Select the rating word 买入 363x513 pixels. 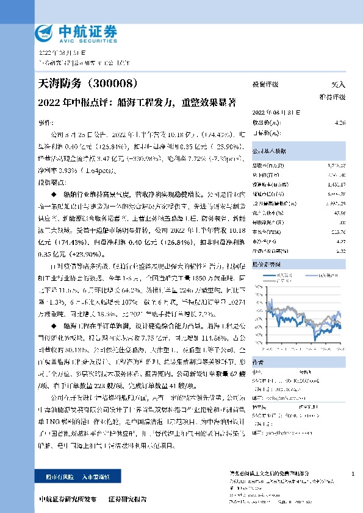tap(338, 85)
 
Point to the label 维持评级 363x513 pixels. tap(332, 97)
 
